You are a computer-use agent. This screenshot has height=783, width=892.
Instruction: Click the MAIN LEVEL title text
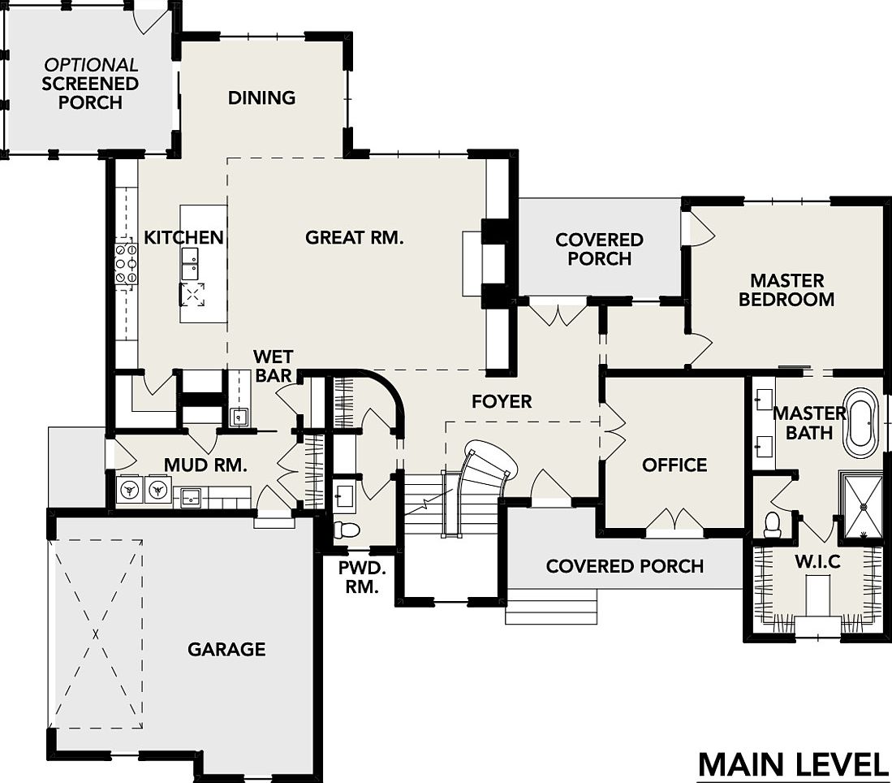click(793, 764)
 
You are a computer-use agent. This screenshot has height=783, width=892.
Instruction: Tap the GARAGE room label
click(226, 649)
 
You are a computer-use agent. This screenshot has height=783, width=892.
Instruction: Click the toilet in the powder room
click(348, 530)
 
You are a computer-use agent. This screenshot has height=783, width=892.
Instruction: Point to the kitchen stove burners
click(125, 264)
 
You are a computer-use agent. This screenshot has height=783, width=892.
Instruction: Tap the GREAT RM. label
click(354, 237)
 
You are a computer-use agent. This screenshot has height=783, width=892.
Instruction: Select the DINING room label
click(261, 97)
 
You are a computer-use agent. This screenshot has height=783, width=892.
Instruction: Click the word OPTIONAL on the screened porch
click(91, 64)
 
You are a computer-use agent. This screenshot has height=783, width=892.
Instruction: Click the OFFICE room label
click(674, 465)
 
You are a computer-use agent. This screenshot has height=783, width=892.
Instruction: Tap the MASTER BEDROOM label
click(786, 290)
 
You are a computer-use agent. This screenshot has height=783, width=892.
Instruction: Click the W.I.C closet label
click(817, 561)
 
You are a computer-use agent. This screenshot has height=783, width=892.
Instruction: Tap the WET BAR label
click(273, 366)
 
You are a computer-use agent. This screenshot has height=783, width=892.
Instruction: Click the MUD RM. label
click(205, 465)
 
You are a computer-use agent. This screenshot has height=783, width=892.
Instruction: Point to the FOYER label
click(502, 401)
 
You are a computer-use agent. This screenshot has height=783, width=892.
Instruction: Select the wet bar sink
click(239, 417)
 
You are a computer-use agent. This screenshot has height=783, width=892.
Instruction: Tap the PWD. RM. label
click(358, 576)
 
